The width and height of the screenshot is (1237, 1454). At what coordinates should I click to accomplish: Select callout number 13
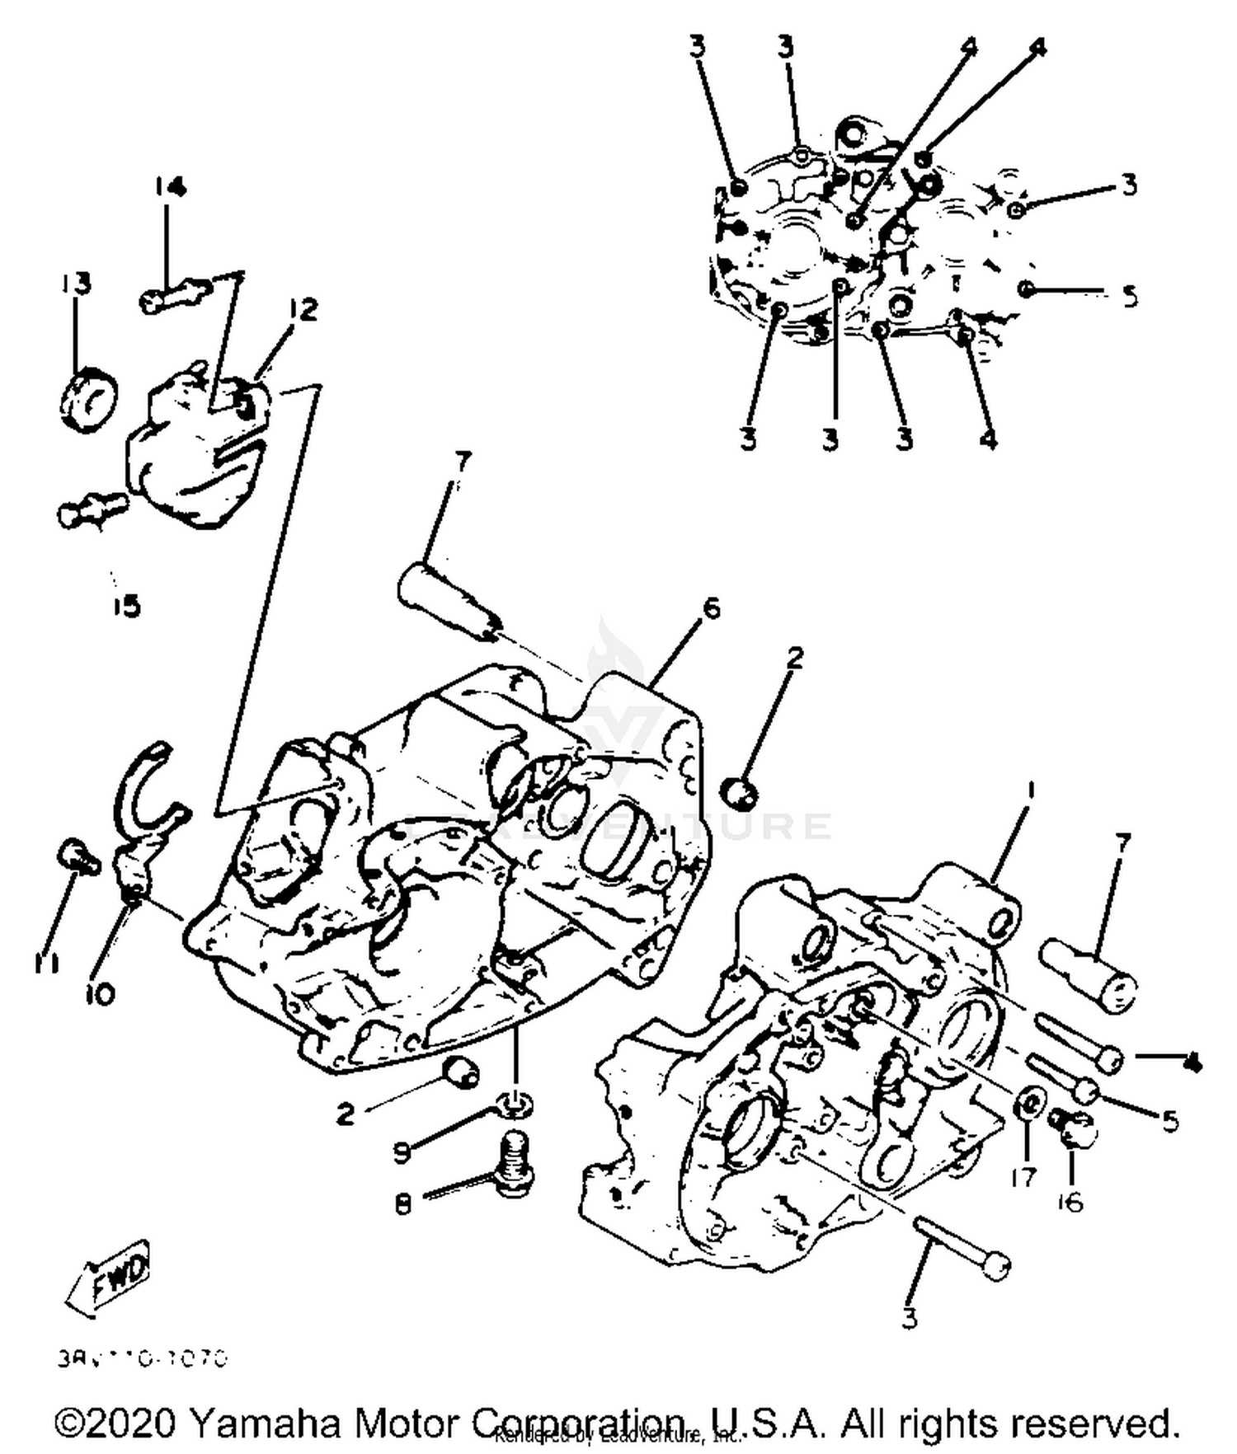[76, 284]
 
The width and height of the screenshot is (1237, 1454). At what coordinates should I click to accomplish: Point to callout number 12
[303, 311]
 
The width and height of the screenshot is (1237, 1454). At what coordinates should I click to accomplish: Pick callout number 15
[127, 607]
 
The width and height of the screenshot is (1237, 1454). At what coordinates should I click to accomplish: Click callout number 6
[710, 608]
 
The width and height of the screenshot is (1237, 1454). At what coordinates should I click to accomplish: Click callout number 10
[99, 995]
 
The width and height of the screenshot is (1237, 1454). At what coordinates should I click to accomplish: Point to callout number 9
[402, 1151]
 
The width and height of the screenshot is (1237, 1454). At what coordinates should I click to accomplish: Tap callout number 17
[1023, 1177]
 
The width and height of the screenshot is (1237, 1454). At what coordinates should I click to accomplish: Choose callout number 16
[1070, 1202]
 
